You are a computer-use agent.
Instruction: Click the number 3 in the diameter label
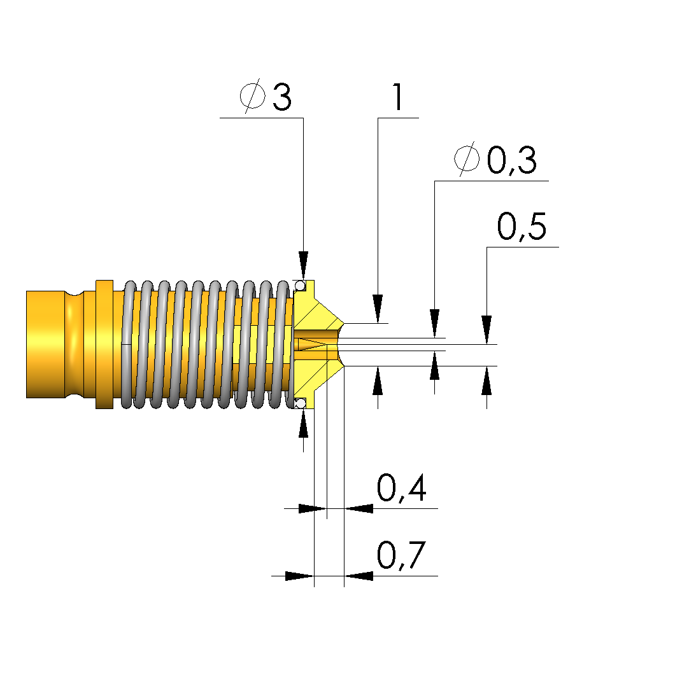(282, 97)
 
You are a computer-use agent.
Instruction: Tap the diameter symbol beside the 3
(253, 96)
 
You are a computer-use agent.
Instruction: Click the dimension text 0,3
(511, 161)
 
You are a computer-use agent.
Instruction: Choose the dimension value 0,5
(522, 228)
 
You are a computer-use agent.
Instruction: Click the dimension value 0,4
(401, 489)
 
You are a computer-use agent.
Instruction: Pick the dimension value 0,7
(401, 556)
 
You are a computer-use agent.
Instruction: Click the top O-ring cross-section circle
(300, 285)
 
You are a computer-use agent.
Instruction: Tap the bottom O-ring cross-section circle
(300, 403)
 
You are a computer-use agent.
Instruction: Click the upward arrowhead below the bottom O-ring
(304, 423)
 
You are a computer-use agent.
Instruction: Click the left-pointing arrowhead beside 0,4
(359, 508)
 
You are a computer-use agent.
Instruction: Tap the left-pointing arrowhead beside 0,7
(359, 576)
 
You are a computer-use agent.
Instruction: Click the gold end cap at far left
(45, 344)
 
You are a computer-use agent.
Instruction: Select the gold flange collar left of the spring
(104, 344)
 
